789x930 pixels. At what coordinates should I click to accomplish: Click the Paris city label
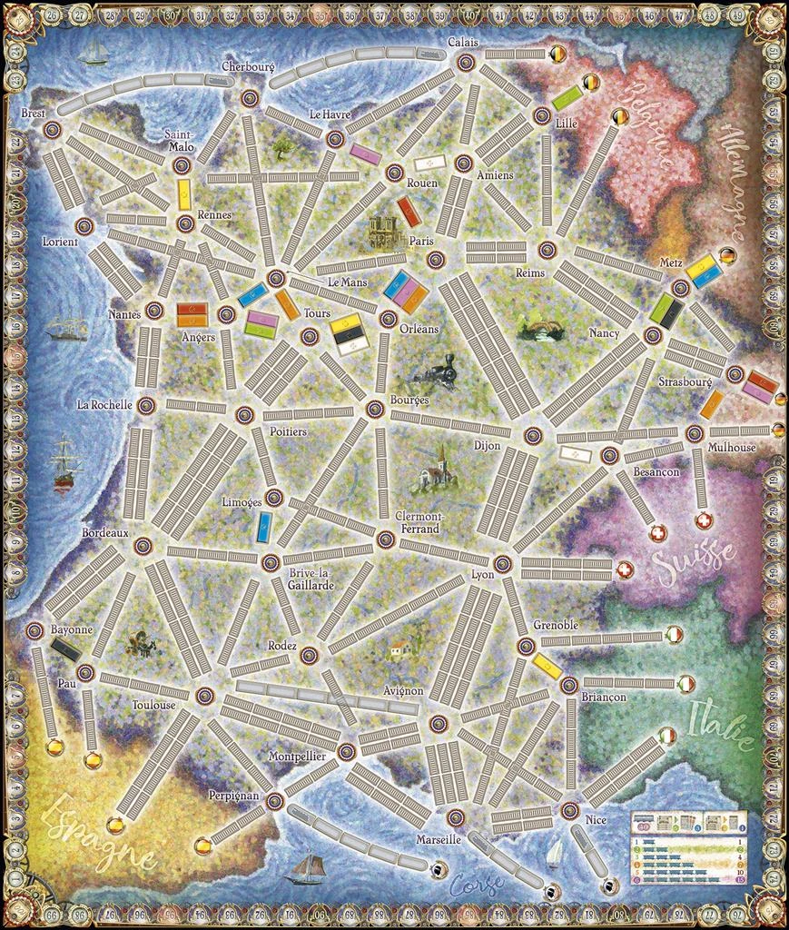point(421,241)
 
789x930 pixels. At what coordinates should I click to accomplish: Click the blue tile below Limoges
point(265,525)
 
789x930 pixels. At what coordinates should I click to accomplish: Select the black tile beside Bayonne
point(66,648)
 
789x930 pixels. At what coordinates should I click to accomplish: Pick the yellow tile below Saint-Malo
point(184,194)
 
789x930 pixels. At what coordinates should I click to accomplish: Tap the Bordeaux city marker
point(142,545)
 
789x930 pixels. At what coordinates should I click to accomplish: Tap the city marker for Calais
point(465,62)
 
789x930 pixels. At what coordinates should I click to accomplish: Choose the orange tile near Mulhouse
point(713,403)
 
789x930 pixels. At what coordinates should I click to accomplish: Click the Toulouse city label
point(153,704)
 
